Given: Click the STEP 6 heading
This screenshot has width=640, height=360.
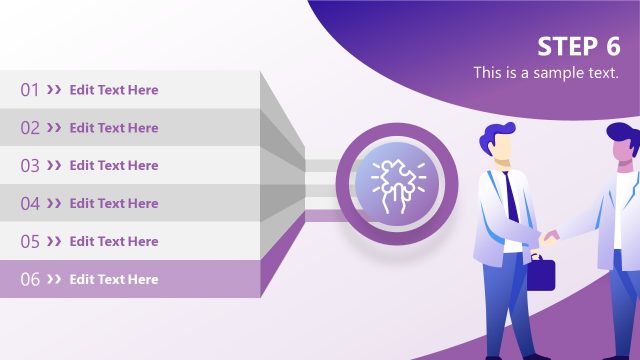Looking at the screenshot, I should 578,47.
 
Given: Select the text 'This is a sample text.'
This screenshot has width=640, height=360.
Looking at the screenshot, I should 546,73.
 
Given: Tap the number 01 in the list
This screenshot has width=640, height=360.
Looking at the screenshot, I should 30,90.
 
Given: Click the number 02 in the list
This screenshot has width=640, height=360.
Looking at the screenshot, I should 30,128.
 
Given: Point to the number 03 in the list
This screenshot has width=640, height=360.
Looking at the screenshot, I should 30,166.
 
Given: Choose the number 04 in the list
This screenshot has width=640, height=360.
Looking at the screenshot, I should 30,204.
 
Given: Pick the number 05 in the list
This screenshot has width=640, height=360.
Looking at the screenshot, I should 30,242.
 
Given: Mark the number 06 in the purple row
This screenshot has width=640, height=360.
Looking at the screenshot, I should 30,280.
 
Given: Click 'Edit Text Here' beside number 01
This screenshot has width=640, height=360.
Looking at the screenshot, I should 114,90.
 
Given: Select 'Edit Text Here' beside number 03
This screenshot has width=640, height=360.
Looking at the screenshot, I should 114,166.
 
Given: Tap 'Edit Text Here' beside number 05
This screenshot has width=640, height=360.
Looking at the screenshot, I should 114,242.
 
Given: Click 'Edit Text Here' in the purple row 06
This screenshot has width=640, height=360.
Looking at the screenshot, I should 114,280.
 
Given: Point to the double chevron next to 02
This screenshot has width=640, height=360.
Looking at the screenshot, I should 54,128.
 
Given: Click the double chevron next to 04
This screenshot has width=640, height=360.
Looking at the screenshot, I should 54,204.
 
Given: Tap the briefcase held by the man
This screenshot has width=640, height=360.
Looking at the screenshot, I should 540,273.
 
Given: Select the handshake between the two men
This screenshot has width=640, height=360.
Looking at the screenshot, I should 551,238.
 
